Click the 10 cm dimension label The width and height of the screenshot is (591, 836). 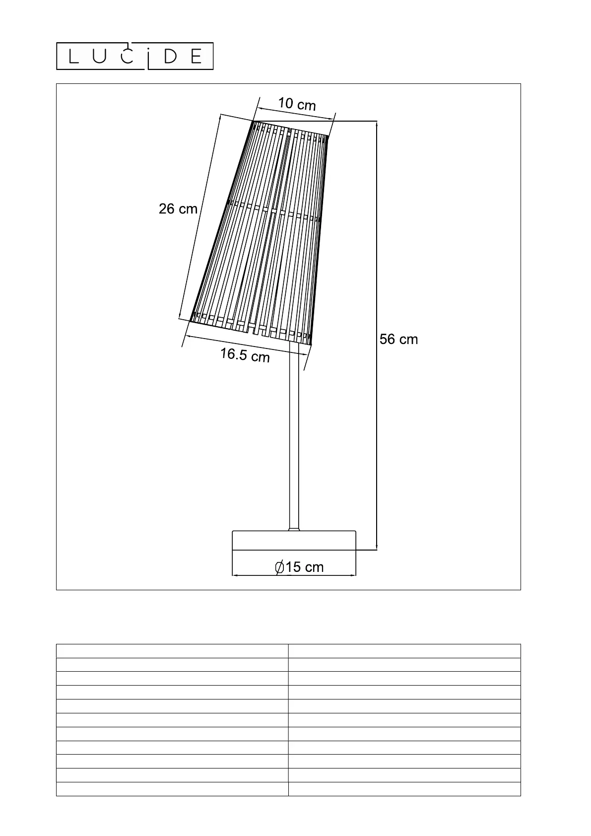[297, 104]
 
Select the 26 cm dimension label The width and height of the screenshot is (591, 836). [178, 209]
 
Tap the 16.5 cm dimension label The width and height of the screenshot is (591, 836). [245, 355]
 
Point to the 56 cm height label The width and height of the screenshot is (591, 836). [398, 339]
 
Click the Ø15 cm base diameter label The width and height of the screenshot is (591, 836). [299, 567]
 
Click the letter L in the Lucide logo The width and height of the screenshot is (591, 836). [73, 57]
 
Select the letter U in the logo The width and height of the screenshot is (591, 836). [99, 57]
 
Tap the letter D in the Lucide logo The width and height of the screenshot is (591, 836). [170, 57]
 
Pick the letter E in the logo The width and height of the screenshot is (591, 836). [196, 57]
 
